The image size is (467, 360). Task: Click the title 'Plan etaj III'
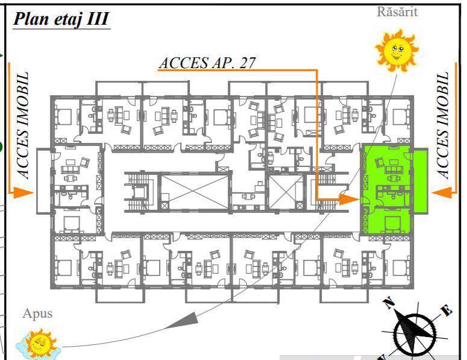pos(61,19)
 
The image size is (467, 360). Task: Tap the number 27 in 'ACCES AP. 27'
pos(247,63)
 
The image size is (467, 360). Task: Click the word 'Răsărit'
pos(397,12)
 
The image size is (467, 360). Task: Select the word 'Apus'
pos(37,314)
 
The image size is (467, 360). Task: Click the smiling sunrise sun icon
pos(396,50)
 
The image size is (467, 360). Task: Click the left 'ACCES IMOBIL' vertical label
pos(23,125)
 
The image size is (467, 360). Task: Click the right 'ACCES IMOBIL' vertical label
pos(442,125)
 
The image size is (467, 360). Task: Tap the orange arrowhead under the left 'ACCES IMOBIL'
pos(22,193)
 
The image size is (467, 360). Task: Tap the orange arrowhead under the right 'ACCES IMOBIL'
pos(442,193)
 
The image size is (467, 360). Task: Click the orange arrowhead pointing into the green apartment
pos(349,199)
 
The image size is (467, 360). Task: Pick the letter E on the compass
pos(446,311)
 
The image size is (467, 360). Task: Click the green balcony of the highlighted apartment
pos(420,181)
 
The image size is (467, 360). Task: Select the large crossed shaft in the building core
pos(194,192)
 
